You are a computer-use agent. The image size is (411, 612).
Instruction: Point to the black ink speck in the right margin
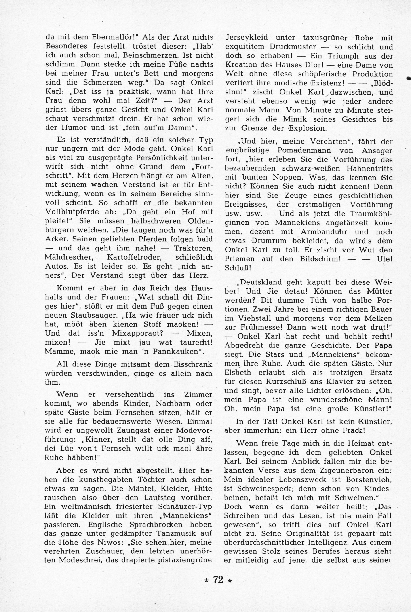pyautogui.click(x=408, y=78)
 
